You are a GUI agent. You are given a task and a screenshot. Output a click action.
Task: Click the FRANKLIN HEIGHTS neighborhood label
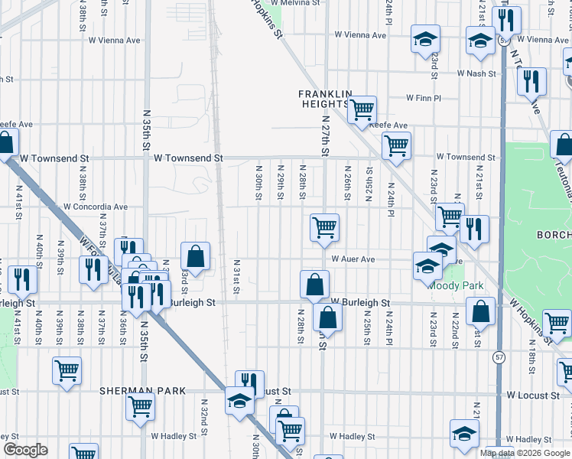click(325, 99)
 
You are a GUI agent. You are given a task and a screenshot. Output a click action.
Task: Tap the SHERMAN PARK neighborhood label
click(143, 391)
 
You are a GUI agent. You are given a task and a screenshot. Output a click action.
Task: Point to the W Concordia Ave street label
click(96, 207)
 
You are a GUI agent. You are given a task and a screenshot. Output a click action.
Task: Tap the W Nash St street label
click(477, 73)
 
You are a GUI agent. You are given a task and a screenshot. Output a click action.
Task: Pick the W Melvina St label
click(293, 3)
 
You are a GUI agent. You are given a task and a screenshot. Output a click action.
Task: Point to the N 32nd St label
click(205, 414)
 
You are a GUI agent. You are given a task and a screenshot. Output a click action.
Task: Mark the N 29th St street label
click(281, 183)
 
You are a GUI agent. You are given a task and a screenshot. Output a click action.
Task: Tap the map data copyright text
click(525, 453)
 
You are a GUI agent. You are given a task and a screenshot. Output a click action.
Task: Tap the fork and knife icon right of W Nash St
click(531, 80)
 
